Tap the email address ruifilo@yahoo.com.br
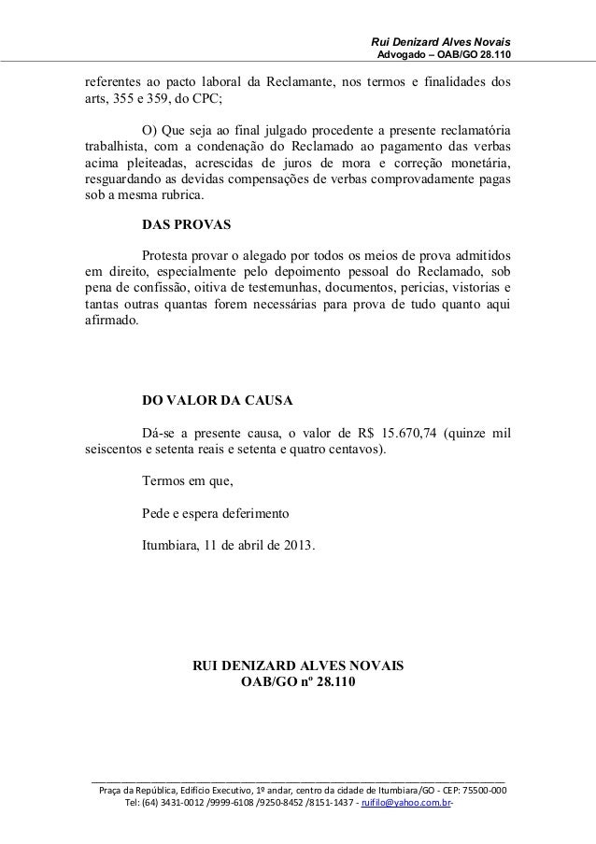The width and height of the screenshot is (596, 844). pos(413,803)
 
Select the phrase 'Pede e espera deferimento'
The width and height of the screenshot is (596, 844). pos(216,513)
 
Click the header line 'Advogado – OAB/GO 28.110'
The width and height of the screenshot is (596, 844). pos(444,58)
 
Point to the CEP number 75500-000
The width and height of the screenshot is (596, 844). pos(482,789)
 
